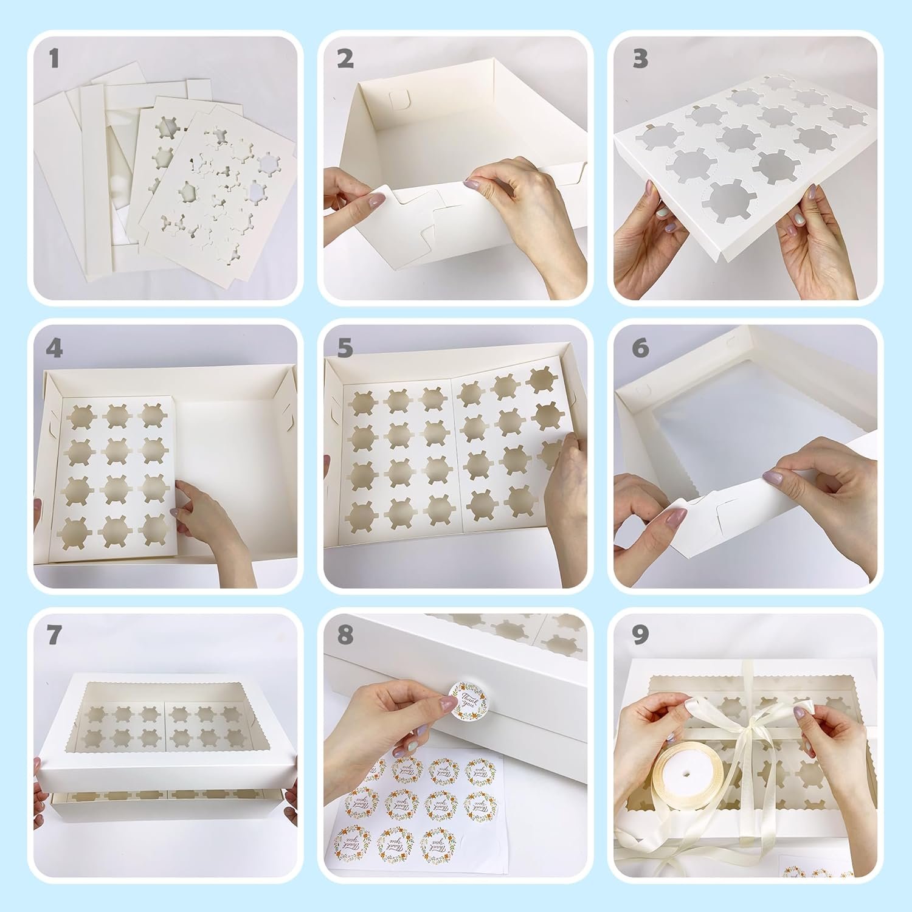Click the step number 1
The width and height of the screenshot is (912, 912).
point(54,59)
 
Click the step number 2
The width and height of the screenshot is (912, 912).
point(345,59)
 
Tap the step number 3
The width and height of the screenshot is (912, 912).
point(640,59)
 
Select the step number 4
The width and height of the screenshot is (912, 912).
point(54,348)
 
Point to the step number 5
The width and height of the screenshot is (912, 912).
point(345,348)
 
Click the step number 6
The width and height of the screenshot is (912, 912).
point(640,348)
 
